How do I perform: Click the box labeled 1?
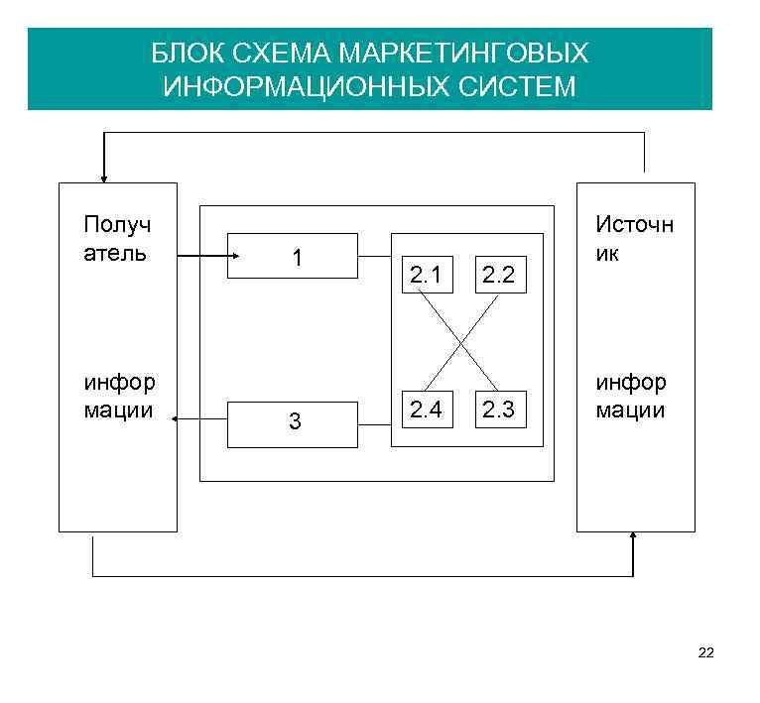pyautogui.click(x=293, y=256)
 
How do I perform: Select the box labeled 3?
pyautogui.click(x=293, y=424)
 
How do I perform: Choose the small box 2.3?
pyautogui.click(x=496, y=408)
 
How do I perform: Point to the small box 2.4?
pyautogui.click(x=427, y=408)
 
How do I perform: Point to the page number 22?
pyautogui.click(x=705, y=652)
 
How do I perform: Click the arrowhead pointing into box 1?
pyautogui.click(x=235, y=256)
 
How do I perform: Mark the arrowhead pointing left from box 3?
pyautogui.click(x=176, y=420)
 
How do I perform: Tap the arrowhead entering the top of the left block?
pyautogui.click(x=103, y=179)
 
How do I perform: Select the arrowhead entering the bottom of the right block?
pyautogui.click(x=633, y=536)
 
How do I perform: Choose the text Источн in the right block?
pyautogui.click(x=634, y=225)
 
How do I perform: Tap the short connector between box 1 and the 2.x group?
pyautogui.click(x=374, y=256)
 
